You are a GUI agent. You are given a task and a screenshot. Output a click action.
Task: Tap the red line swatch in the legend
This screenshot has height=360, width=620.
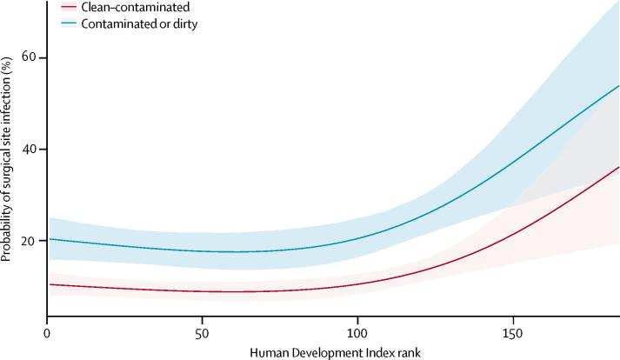pos(68,8)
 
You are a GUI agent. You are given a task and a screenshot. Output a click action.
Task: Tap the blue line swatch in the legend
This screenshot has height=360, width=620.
pos(68,24)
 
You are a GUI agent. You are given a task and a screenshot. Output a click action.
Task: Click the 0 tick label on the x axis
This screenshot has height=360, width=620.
pos(46,332)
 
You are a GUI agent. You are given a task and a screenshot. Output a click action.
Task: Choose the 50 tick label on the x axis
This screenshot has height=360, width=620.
pos(202,332)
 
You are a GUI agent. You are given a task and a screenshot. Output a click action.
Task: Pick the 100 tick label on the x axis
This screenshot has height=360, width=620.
pos(357,332)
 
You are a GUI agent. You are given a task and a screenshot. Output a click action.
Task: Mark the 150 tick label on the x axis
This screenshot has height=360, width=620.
pos(513,332)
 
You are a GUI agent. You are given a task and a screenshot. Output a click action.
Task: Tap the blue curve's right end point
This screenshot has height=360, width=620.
pos(618,86)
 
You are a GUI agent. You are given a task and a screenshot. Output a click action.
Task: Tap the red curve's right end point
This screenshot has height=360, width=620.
pos(618,167)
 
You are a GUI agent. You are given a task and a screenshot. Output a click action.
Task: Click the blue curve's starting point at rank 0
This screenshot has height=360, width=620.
pos(47,238)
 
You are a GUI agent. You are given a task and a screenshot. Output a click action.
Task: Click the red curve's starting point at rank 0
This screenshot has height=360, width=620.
pos(47,284)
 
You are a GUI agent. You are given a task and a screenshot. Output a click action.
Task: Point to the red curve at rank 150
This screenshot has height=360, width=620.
pos(513,234)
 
